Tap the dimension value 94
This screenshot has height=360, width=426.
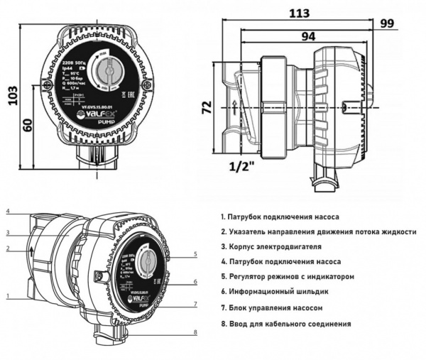pyautogui.click(x=289, y=36)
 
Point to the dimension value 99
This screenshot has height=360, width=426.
pyautogui.click(x=408, y=23)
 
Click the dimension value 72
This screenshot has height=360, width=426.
pyautogui.click(x=206, y=109)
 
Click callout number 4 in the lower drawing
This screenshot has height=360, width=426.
pyautogui.click(x=6, y=212)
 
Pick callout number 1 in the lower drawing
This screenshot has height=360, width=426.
pyautogui.click(x=6, y=295)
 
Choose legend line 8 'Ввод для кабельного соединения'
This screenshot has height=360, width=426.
pyautogui.click(x=285, y=324)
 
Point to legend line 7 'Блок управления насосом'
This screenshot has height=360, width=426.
pyautogui.click(x=272, y=308)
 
